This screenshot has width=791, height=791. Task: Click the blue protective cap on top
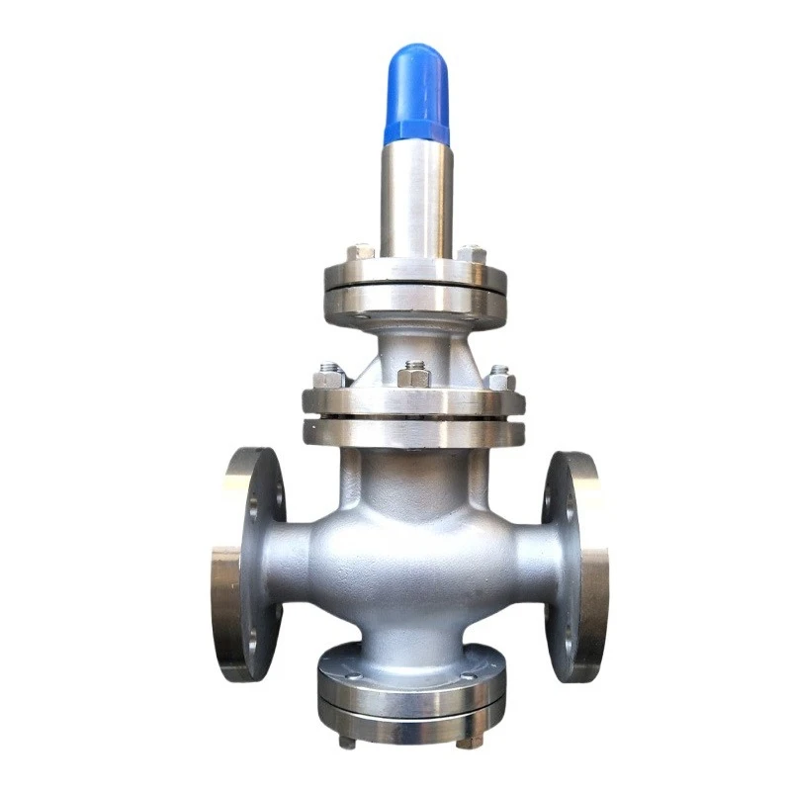[416, 94]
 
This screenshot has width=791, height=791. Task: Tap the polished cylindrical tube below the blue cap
[416, 198]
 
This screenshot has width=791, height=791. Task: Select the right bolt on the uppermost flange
[472, 253]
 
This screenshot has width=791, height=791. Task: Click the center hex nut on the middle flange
[415, 376]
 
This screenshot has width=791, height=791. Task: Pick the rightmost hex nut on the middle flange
[500, 378]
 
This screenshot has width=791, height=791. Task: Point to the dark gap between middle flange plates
[414, 419]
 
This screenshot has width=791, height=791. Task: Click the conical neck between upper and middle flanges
[415, 346]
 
